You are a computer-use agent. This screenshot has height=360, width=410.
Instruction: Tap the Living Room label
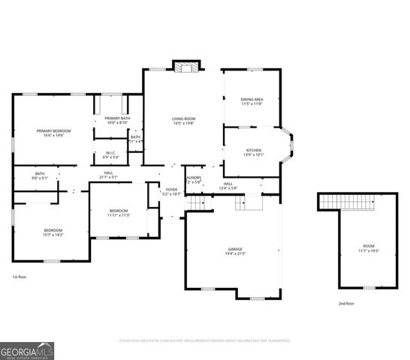click(184, 118)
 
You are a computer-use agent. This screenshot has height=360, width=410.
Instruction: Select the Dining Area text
click(252, 99)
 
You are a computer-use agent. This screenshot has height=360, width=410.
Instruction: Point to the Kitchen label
click(254, 150)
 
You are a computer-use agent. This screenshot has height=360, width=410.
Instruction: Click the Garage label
click(235, 249)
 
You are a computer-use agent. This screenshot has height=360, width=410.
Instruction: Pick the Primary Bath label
click(117, 118)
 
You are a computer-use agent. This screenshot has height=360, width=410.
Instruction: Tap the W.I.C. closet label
click(110, 153)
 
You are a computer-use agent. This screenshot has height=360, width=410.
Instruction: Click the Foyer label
click(172, 190)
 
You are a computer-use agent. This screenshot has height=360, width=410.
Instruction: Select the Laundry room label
click(193, 178)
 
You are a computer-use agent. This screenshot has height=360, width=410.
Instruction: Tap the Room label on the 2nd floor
click(368, 246)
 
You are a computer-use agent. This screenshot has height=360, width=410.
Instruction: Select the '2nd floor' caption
click(345, 303)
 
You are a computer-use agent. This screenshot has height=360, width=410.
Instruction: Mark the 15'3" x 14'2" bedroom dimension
click(53, 235)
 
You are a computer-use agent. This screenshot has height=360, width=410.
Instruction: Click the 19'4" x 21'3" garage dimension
click(235, 253)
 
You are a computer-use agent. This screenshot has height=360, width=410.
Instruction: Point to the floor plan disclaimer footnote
click(204, 340)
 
